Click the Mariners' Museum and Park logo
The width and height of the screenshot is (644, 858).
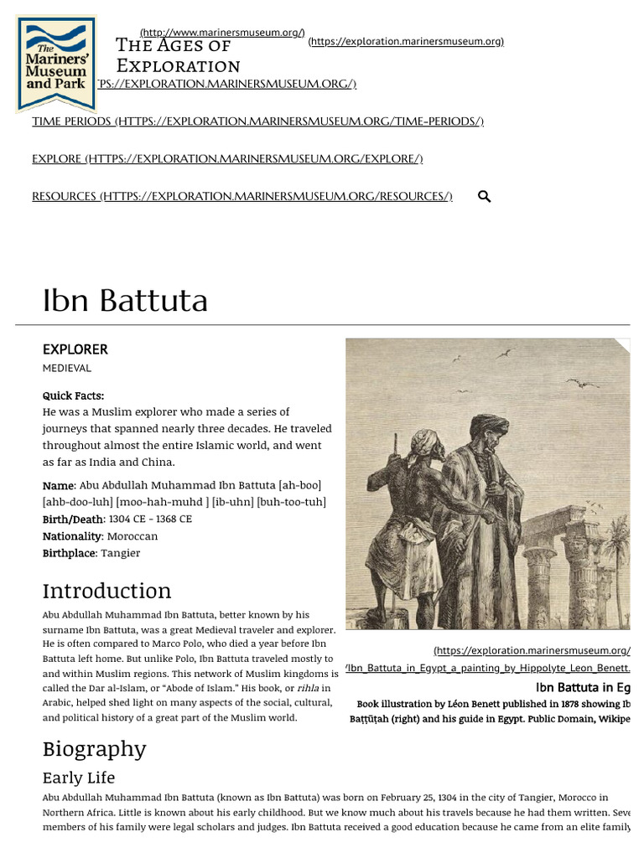point(56,64)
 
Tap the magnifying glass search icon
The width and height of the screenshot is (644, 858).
point(484,197)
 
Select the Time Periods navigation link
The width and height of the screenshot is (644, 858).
point(257,121)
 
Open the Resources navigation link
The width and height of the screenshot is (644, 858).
point(241,196)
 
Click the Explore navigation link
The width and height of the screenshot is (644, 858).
point(227,158)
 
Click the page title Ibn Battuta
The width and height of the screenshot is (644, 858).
point(125,301)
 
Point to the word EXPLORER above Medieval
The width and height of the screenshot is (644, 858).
point(75,349)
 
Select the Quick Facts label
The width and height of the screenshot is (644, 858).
point(73,395)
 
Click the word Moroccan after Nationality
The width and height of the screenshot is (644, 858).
point(132,536)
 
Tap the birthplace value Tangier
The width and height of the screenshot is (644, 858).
point(121,553)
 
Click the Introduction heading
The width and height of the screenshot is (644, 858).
point(106,591)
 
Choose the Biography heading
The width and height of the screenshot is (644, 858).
point(94,748)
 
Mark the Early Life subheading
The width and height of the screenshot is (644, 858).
point(79,778)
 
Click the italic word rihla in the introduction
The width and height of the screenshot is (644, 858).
point(308,688)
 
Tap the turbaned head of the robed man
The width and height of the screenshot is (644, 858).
point(488,427)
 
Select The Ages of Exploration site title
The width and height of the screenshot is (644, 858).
point(178,55)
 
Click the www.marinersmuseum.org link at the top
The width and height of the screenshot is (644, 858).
point(222,33)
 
